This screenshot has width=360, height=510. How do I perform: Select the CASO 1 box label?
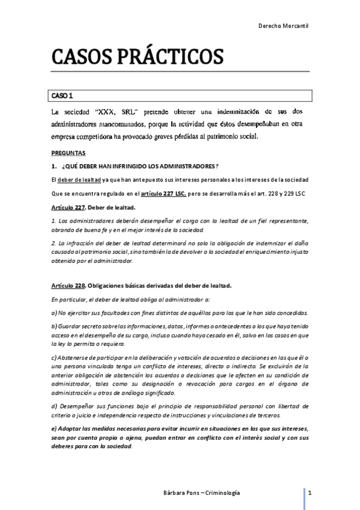61,96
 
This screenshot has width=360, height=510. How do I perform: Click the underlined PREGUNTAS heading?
69,153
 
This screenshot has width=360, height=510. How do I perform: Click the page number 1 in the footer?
308,493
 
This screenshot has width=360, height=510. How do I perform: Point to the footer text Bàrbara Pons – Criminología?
197,493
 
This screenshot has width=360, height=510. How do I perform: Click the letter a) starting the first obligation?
53,313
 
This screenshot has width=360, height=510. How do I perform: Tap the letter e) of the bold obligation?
53,428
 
